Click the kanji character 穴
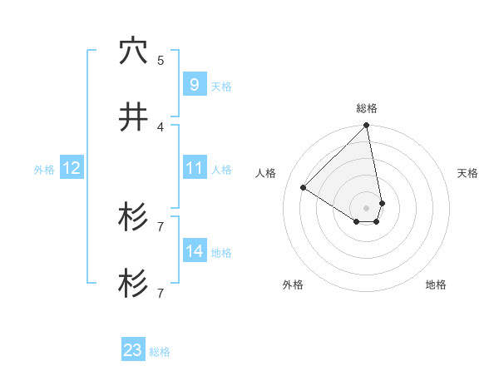(133, 52)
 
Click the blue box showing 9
(194, 85)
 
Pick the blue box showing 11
(194, 168)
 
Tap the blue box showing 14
(194, 251)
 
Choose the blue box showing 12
(72, 168)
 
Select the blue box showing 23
(133, 350)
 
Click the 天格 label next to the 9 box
(221, 87)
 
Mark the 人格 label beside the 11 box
(221, 170)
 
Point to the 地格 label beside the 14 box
(221, 253)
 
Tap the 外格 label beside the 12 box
(44, 170)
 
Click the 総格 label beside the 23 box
(160, 352)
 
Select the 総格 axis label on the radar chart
(367, 108)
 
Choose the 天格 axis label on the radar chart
(468, 173)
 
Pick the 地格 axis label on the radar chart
(436, 285)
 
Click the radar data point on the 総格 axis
(367, 126)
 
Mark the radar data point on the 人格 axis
(304, 188)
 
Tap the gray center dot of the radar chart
(367, 207)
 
